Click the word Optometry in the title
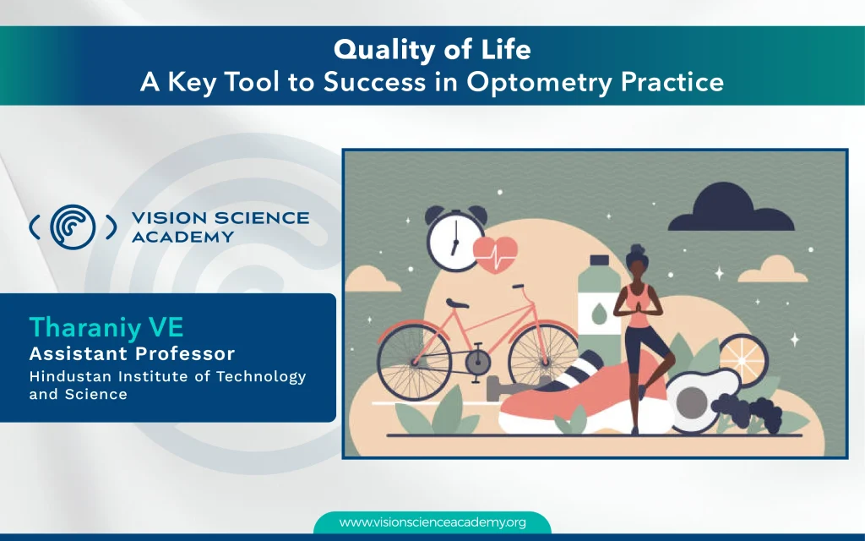tap(540, 82)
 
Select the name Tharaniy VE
tap(106, 327)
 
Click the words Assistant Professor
tap(132, 353)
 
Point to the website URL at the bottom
tap(432, 522)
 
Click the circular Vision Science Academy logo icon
tap(73, 227)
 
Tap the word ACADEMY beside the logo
tap(182, 237)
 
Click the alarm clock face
tap(454, 241)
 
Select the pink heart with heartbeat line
tap(495, 254)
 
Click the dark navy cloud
tap(732, 209)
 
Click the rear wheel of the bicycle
tap(414, 362)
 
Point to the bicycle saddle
tap(457, 303)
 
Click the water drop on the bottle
tap(599, 314)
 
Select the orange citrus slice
tap(743, 360)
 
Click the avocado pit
tap(692, 402)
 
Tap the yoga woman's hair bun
tap(636, 249)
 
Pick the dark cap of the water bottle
tap(599, 260)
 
